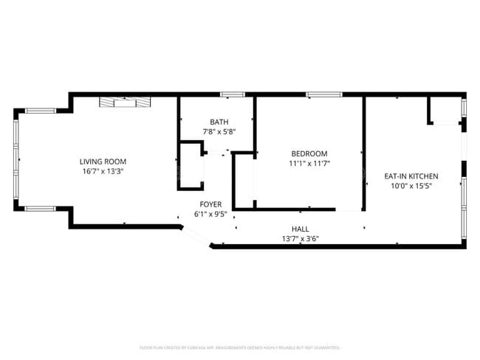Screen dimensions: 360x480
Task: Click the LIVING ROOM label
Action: pos(103,162)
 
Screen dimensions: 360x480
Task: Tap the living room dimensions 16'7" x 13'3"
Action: pos(103,171)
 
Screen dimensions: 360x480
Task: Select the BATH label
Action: pos(219,122)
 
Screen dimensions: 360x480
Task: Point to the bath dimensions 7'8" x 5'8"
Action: pos(219,132)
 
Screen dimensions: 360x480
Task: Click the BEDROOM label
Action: pos(309,153)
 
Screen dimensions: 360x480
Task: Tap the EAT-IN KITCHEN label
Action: pos(411,176)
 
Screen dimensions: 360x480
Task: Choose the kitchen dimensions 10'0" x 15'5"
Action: pos(411,186)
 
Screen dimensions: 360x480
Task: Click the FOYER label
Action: pos(210,204)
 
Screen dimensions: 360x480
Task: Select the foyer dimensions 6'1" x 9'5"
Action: pos(210,214)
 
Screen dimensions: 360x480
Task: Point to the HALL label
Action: pos(301,229)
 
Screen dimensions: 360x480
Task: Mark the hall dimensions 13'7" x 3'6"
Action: pos(301,238)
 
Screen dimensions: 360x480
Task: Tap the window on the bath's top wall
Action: pos(232,94)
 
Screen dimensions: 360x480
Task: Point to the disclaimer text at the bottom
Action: pos(239,347)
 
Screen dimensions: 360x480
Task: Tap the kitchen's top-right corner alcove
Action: pos(445,111)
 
